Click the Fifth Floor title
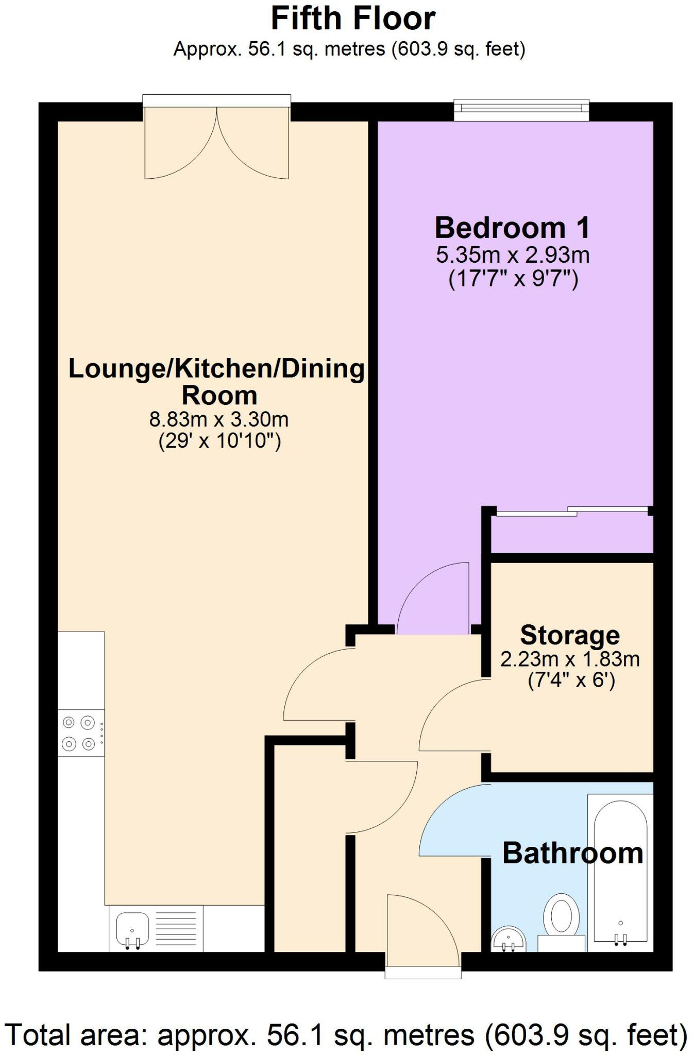(x=353, y=19)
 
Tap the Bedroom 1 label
(x=512, y=228)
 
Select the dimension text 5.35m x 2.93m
(x=513, y=255)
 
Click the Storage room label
(x=570, y=635)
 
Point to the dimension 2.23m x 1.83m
(x=570, y=659)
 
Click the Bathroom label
(x=572, y=853)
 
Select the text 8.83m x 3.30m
(x=218, y=419)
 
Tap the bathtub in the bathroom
(x=620, y=871)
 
